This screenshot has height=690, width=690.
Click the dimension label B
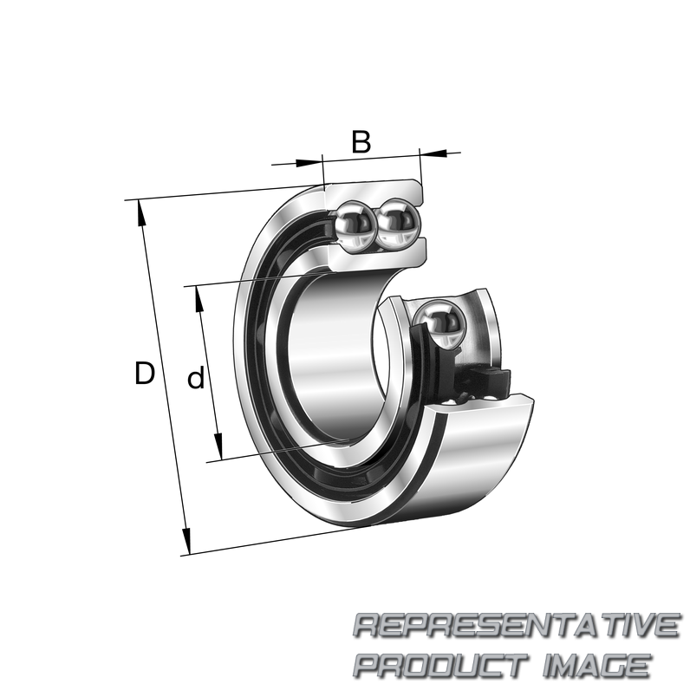coord(361,141)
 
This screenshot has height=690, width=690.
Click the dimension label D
coord(145,373)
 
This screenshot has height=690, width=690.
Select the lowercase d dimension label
coord(196,376)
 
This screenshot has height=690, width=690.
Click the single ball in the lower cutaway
coord(440,322)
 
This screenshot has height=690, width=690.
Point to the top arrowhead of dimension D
coord(141,213)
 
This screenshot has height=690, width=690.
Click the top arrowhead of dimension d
coord(199,299)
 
